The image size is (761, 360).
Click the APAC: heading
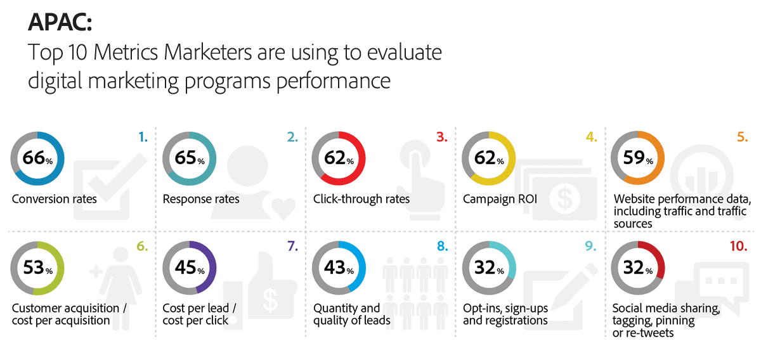(60, 22)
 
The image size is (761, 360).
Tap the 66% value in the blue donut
(37, 158)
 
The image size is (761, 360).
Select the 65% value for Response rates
(190, 158)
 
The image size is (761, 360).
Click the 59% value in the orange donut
(638, 158)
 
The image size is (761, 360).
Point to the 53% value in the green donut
(37, 267)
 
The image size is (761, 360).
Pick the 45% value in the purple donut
(190, 267)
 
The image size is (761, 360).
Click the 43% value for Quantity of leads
(339, 267)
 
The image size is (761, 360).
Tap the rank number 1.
(143, 137)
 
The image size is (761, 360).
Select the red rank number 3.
(441, 137)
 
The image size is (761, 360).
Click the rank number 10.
(739, 246)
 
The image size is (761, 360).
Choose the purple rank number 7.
(292, 246)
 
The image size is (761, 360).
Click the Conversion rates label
(55, 199)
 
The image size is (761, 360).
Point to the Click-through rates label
(361, 199)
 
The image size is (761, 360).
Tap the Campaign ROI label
(500, 199)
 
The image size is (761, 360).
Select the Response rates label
(201, 199)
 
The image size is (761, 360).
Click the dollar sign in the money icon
(564, 198)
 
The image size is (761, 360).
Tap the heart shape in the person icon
(283, 208)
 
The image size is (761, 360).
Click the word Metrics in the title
(126, 53)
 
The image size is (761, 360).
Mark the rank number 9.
(591, 246)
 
